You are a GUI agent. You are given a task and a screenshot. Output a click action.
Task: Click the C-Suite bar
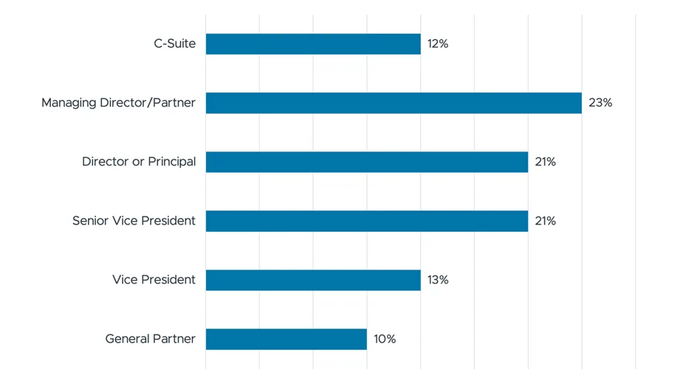[313, 44]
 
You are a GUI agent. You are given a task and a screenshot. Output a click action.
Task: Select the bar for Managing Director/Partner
[394, 103]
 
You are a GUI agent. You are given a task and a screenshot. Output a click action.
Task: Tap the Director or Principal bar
[367, 162]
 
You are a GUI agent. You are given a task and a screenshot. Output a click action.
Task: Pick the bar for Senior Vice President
[367, 221]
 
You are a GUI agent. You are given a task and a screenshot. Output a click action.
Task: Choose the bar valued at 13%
[313, 280]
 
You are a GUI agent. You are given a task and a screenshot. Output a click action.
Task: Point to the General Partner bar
[286, 339]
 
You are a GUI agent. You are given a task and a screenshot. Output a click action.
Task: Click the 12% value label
[437, 44]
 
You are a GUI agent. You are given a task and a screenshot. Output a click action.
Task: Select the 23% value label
[600, 103]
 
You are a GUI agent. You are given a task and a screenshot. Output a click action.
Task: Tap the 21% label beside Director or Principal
[545, 162]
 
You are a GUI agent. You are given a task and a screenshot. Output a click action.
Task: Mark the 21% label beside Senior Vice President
[545, 221]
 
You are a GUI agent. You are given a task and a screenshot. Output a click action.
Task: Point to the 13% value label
[437, 280]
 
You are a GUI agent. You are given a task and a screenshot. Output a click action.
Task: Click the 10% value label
[384, 339]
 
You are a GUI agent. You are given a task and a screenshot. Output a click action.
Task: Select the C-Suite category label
[174, 44]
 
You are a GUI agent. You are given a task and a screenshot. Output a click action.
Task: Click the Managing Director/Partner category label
[118, 103]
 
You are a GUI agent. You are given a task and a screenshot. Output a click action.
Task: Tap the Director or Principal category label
[139, 162]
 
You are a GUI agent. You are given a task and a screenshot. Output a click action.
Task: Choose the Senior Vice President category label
[134, 221]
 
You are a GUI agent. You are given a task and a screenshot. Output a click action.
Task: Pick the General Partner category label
[150, 339]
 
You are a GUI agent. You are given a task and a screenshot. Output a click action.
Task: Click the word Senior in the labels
[90, 221]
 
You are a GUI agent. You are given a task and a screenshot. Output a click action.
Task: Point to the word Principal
[171, 162]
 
